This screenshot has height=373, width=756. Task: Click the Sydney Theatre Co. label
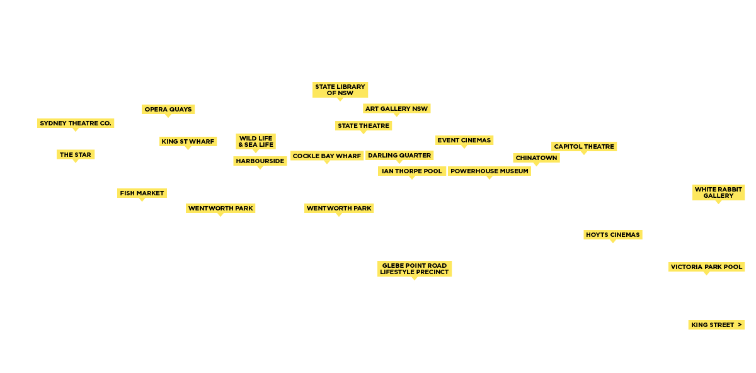76,123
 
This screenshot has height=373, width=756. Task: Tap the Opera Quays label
168,110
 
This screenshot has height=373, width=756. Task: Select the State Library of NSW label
340,89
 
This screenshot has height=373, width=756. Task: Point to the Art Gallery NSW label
396,109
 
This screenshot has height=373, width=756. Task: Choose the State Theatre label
364,126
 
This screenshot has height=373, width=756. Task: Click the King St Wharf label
188,142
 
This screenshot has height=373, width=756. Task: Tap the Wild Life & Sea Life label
256,141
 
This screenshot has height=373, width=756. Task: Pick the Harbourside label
260,161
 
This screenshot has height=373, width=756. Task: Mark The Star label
76,155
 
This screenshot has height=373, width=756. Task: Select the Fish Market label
142,193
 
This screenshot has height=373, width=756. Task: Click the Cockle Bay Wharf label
327,156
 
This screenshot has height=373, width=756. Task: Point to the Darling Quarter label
399,156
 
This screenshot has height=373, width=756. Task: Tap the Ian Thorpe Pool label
412,171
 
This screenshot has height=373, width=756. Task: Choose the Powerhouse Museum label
489,171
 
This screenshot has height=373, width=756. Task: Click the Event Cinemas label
464,141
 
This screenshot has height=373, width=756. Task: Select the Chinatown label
536,158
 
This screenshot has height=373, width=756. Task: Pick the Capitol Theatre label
584,147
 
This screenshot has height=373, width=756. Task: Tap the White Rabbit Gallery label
718,192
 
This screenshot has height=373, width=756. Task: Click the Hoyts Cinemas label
612,235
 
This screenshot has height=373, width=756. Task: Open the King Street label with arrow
716,325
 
